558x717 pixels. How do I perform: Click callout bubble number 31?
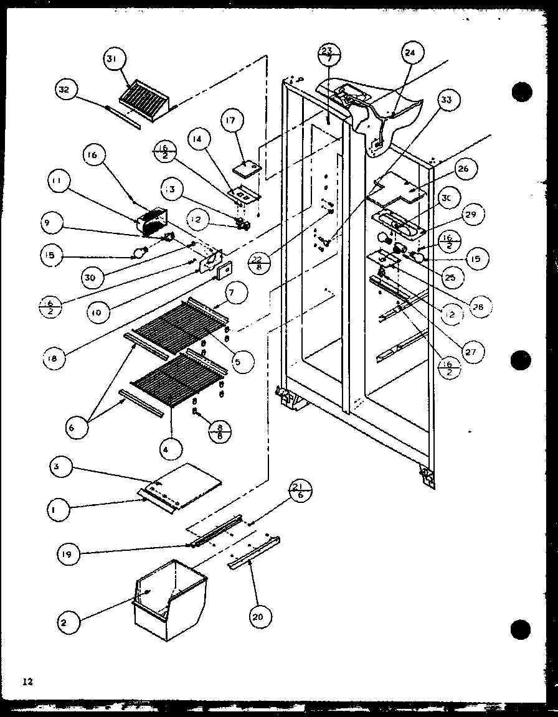(113, 60)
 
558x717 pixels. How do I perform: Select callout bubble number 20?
(257, 616)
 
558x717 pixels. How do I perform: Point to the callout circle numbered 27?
(471, 351)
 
